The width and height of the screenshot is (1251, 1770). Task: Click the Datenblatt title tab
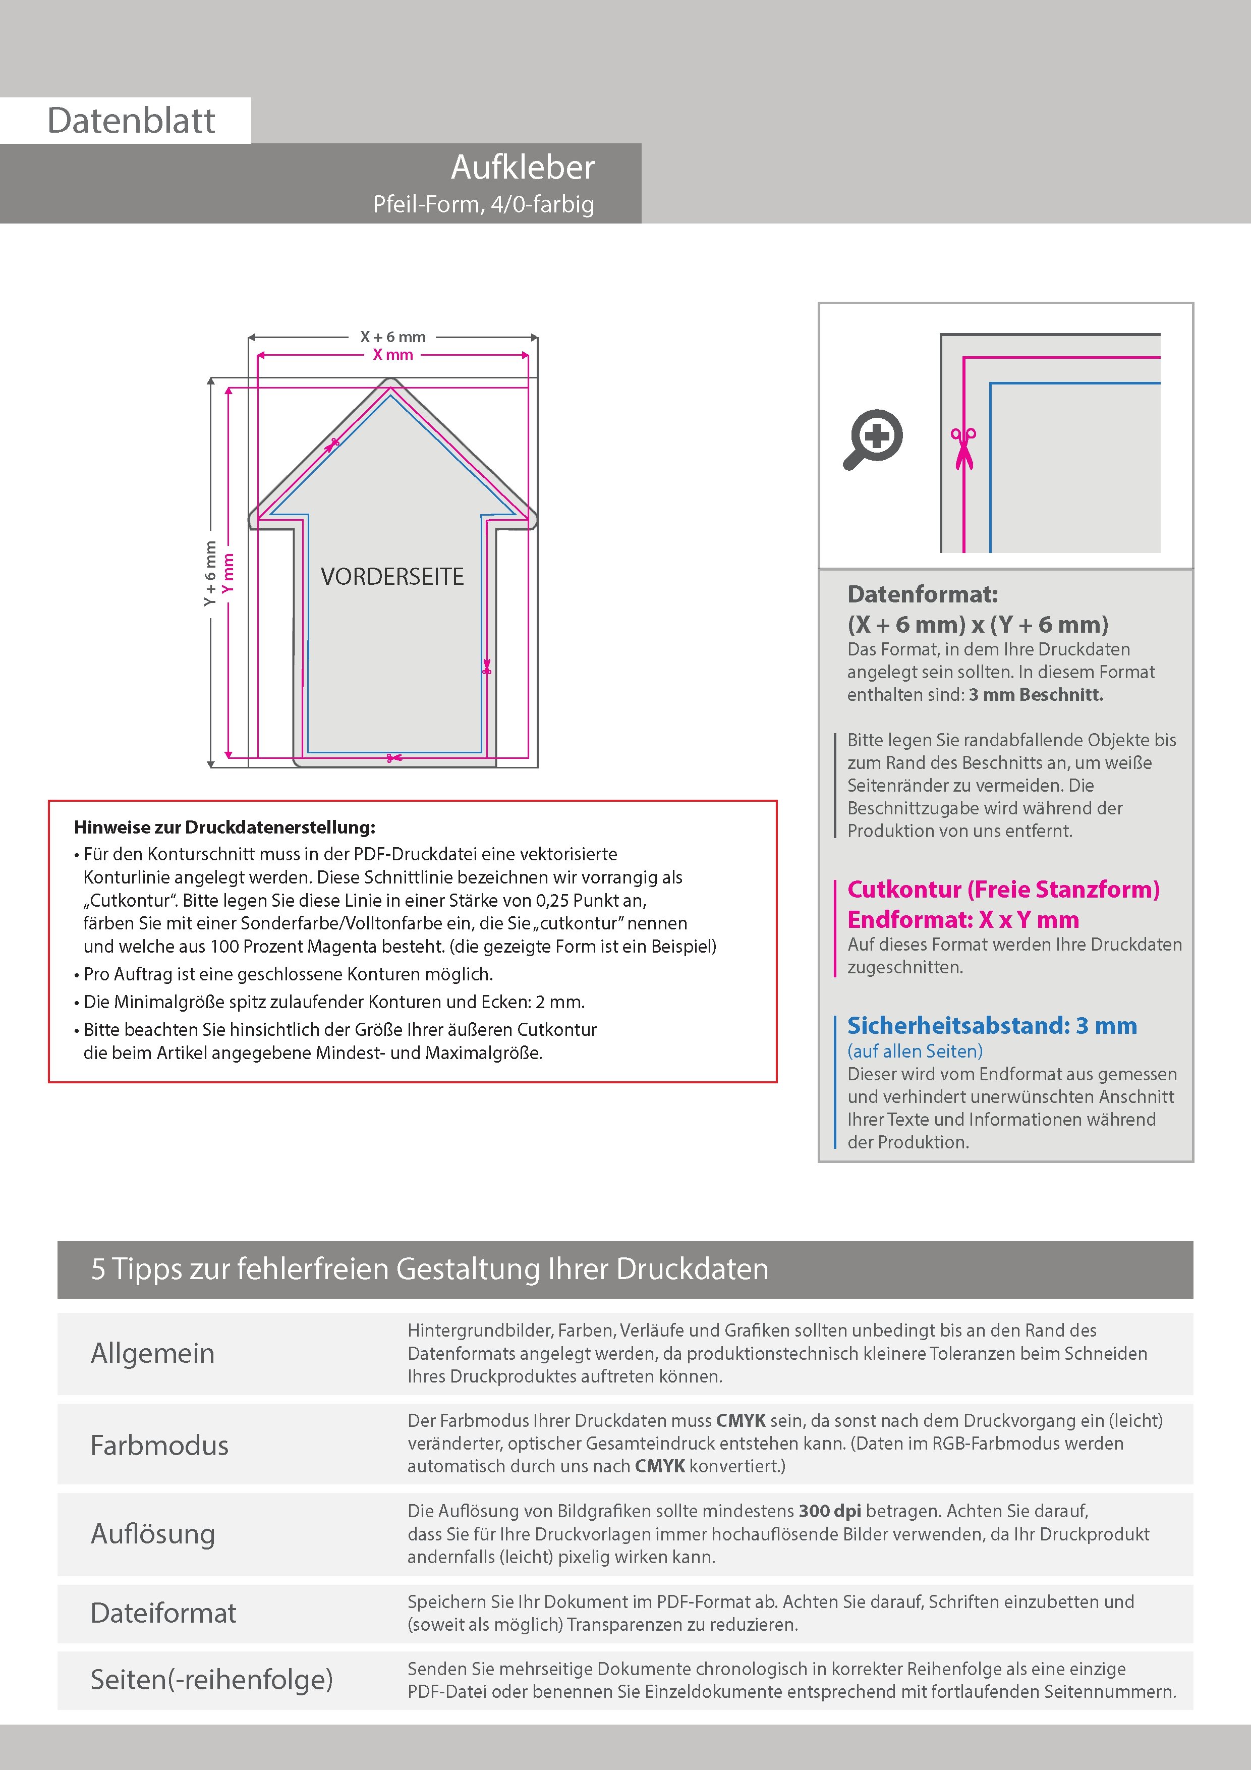click(131, 120)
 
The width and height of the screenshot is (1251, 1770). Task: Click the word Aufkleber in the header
click(523, 168)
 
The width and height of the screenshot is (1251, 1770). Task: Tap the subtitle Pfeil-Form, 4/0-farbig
click(483, 204)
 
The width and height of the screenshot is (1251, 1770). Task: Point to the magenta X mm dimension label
click(393, 355)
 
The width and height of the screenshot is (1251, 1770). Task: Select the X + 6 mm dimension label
click(393, 337)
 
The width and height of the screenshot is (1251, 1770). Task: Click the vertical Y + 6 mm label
click(210, 573)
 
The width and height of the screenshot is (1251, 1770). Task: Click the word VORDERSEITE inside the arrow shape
click(392, 577)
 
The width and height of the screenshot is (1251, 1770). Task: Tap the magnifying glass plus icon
click(873, 438)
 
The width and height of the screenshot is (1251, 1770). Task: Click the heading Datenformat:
click(922, 594)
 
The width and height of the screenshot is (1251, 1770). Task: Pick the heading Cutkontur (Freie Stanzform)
click(1003, 890)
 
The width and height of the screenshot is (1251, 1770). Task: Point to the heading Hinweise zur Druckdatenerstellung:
click(224, 827)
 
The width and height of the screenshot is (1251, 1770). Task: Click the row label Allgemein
click(153, 1353)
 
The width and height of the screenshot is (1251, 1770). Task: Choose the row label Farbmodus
click(159, 1445)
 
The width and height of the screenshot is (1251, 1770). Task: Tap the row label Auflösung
click(153, 1533)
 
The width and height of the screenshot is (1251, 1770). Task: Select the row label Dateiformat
click(163, 1613)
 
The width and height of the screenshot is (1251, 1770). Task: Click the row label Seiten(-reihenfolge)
click(211, 1679)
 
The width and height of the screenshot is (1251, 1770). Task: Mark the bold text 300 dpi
click(830, 1511)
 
